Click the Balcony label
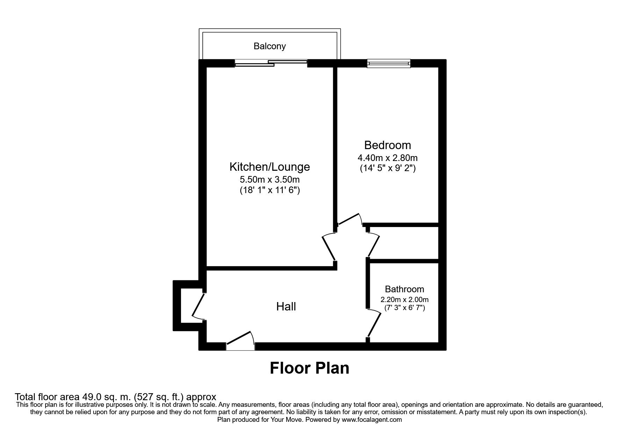(x=269, y=46)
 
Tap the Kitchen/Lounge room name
(x=269, y=167)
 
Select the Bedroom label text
(x=387, y=145)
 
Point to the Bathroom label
(x=404, y=289)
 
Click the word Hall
(x=286, y=307)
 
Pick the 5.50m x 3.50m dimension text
(x=269, y=180)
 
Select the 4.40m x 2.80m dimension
(x=387, y=157)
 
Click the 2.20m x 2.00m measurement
(x=404, y=300)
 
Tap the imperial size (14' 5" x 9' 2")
(x=387, y=168)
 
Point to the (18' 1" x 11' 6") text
(x=269, y=191)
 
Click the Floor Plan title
(x=309, y=368)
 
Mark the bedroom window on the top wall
(x=388, y=63)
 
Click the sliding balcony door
(x=271, y=63)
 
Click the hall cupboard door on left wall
(x=198, y=306)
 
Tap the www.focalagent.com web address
(x=372, y=420)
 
